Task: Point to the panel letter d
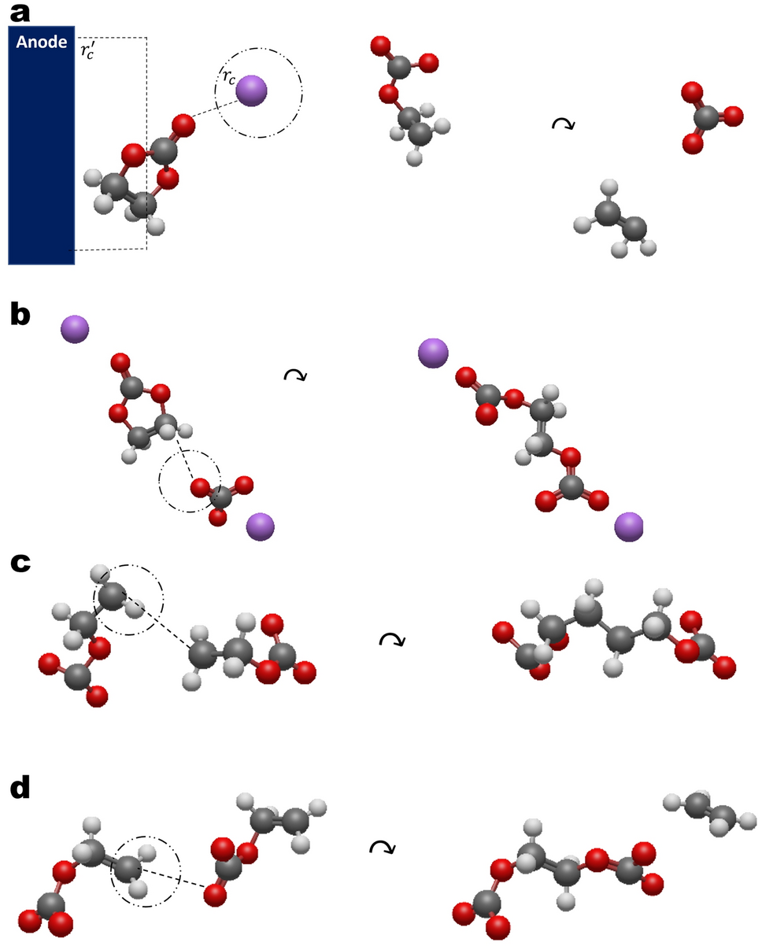click(20, 790)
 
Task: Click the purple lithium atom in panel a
click(252, 89)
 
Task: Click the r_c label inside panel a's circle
click(227, 78)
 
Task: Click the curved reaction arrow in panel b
click(294, 375)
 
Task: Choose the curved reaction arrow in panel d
click(382, 847)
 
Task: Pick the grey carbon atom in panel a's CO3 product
click(706, 117)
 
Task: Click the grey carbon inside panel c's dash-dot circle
click(113, 595)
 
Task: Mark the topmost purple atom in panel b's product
click(433, 353)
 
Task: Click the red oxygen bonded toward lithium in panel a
click(182, 124)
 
